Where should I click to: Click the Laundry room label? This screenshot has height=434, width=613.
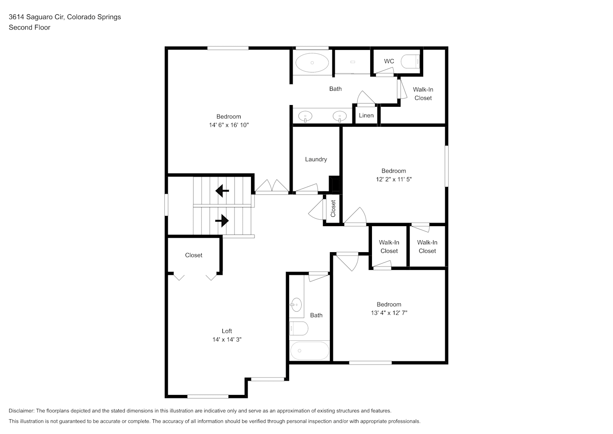coord(316,159)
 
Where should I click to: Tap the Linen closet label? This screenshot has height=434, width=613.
coord(366,115)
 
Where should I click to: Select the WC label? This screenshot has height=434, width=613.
coord(389,61)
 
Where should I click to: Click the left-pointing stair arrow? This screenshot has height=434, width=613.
coord(222,191)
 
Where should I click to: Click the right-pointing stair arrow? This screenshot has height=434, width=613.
coord(222,220)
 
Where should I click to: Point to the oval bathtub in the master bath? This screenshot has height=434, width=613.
coord(312,63)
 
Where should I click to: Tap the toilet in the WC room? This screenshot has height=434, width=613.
coord(410,61)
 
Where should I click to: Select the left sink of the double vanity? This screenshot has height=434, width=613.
coord(305,116)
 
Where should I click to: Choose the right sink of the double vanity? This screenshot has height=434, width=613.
coord(339,116)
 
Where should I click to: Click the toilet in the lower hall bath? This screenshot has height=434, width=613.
coord(299,328)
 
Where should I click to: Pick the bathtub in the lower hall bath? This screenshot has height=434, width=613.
coord(310,350)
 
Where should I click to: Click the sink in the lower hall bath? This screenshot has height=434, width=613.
coord(296,305)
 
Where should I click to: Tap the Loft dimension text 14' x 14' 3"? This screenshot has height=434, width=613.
coord(227,339)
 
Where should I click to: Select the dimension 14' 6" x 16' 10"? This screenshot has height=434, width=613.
coord(229,125)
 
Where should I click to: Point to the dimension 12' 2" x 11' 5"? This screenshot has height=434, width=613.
coord(394,179)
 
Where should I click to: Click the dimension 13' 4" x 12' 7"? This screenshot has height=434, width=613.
coord(389,312)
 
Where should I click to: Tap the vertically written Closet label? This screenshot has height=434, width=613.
coord(333,208)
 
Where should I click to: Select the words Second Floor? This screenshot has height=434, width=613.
coord(29,27)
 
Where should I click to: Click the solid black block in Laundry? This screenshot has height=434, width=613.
coord(334,184)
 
